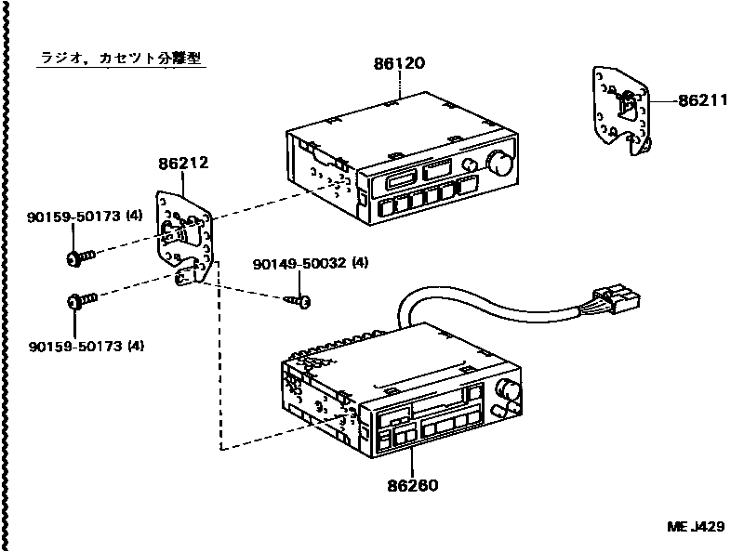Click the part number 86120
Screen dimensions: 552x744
[399, 65]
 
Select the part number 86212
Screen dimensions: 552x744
[182, 163]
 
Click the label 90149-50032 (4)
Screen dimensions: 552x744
[310, 264]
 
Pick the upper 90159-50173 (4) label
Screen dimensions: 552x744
[84, 217]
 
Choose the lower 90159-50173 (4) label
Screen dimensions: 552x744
[84, 347]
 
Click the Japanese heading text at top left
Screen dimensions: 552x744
[121, 58]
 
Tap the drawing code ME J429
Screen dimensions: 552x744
[695, 527]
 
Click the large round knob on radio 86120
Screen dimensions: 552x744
[499, 164]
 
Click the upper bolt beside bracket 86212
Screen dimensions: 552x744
[80, 256]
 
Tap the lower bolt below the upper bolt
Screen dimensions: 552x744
[80, 300]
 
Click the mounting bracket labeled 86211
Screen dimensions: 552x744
[620, 110]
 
